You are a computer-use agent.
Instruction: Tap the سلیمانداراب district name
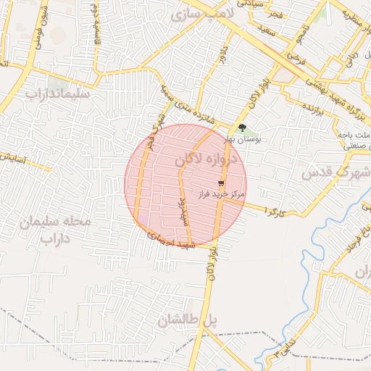point(57,94)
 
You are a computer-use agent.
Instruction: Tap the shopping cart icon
point(221,184)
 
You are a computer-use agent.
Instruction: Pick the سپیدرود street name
point(183,210)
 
